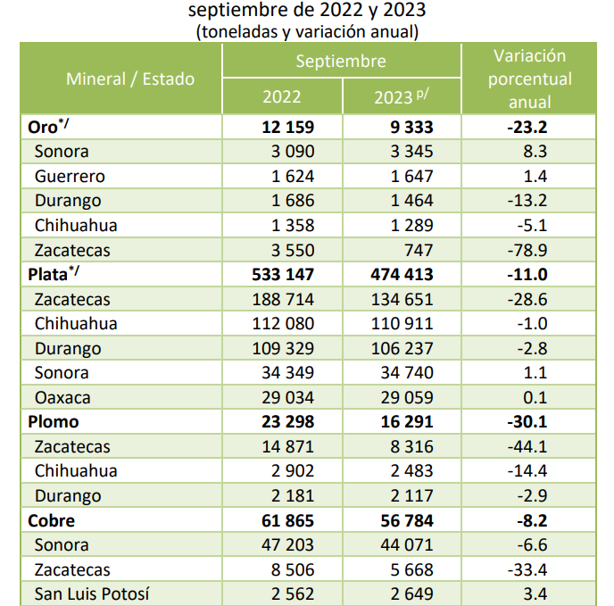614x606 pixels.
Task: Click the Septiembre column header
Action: point(341,62)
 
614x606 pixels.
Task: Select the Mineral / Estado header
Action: point(130,79)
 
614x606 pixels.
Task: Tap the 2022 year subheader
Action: point(281,96)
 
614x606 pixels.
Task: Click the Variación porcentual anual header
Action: point(529,79)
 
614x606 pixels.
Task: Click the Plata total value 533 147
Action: point(283,274)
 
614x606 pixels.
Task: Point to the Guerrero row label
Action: point(70,177)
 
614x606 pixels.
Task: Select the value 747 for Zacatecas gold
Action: point(419,250)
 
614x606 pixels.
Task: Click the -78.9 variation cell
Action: point(527,250)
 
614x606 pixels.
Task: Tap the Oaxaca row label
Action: point(62,397)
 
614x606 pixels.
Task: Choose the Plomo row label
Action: point(54,422)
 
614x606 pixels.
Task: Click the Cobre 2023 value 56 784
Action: point(407,520)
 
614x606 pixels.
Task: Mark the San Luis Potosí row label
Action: point(92,594)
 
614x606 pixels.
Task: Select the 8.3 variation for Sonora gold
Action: point(535,151)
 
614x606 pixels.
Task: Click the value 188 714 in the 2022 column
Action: point(283,299)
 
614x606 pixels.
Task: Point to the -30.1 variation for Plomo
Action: point(527,422)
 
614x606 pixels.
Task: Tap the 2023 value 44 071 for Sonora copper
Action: point(407,545)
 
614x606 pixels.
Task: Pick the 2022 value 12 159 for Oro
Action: point(287,127)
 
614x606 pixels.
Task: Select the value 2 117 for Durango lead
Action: point(411,496)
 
